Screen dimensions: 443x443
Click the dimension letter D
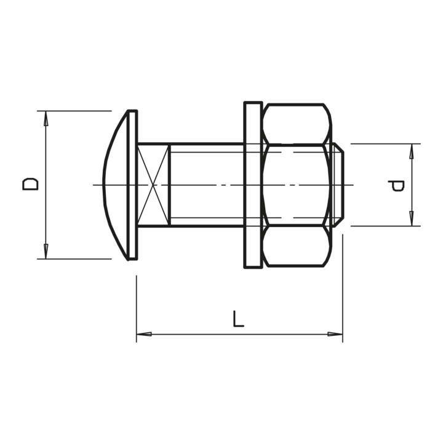click(x=30, y=184)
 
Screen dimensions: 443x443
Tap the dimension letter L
click(x=238, y=319)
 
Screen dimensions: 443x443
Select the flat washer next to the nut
click(x=253, y=185)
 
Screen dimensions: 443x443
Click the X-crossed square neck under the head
click(x=153, y=185)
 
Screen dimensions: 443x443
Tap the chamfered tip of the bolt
click(x=339, y=185)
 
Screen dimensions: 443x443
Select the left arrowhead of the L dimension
click(x=144, y=334)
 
